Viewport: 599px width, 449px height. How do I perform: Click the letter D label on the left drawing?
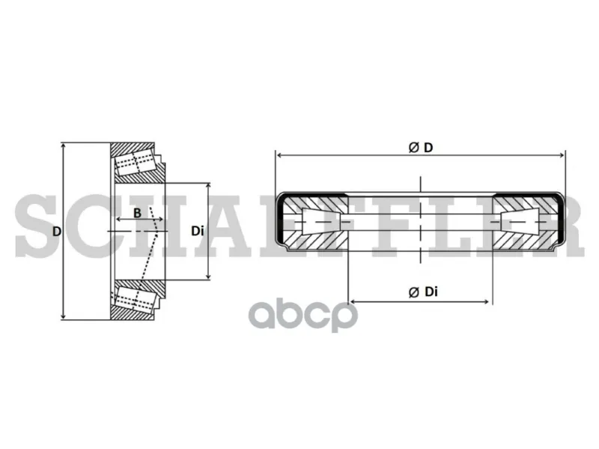click(57, 231)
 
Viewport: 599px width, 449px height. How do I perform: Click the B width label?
click(138, 213)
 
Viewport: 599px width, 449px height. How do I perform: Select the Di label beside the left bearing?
click(198, 231)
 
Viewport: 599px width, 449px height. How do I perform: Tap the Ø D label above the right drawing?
click(421, 147)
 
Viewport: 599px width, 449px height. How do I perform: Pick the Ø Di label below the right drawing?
click(423, 292)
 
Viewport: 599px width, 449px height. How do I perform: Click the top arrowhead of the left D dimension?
click(63, 146)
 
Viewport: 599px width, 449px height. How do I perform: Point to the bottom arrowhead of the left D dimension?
click(63, 316)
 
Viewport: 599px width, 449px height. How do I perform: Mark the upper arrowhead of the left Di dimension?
click(208, 186)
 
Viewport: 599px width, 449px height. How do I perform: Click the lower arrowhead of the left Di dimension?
click(208, 276)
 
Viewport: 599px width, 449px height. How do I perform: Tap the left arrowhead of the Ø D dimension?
click(279, 155)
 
